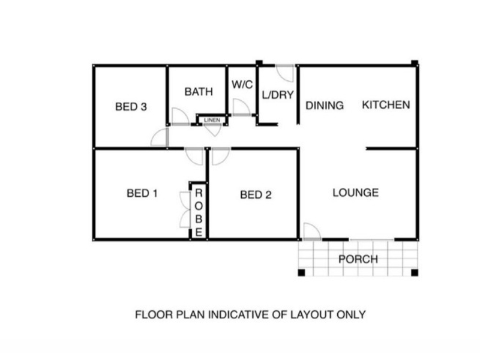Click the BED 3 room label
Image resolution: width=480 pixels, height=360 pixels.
(131, 107)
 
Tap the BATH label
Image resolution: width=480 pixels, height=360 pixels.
(199, 92)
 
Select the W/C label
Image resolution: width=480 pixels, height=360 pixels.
(242, 85)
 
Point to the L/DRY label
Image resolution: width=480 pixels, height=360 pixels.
(278, 95)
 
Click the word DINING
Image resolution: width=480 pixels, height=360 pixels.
(325, 106)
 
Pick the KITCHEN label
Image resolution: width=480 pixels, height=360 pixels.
(386, 105)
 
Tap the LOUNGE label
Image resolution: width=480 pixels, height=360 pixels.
(356, 193)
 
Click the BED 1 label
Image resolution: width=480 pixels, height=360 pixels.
(142, 193)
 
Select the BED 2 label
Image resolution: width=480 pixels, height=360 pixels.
(256, 194)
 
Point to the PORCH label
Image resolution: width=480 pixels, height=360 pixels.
(358, 259)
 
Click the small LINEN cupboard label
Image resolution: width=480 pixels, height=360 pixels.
(212, 120)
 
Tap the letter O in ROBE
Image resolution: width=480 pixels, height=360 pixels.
(199, 206)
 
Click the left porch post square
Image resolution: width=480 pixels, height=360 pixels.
(302, 272)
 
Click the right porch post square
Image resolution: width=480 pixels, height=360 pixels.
(415, 272)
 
